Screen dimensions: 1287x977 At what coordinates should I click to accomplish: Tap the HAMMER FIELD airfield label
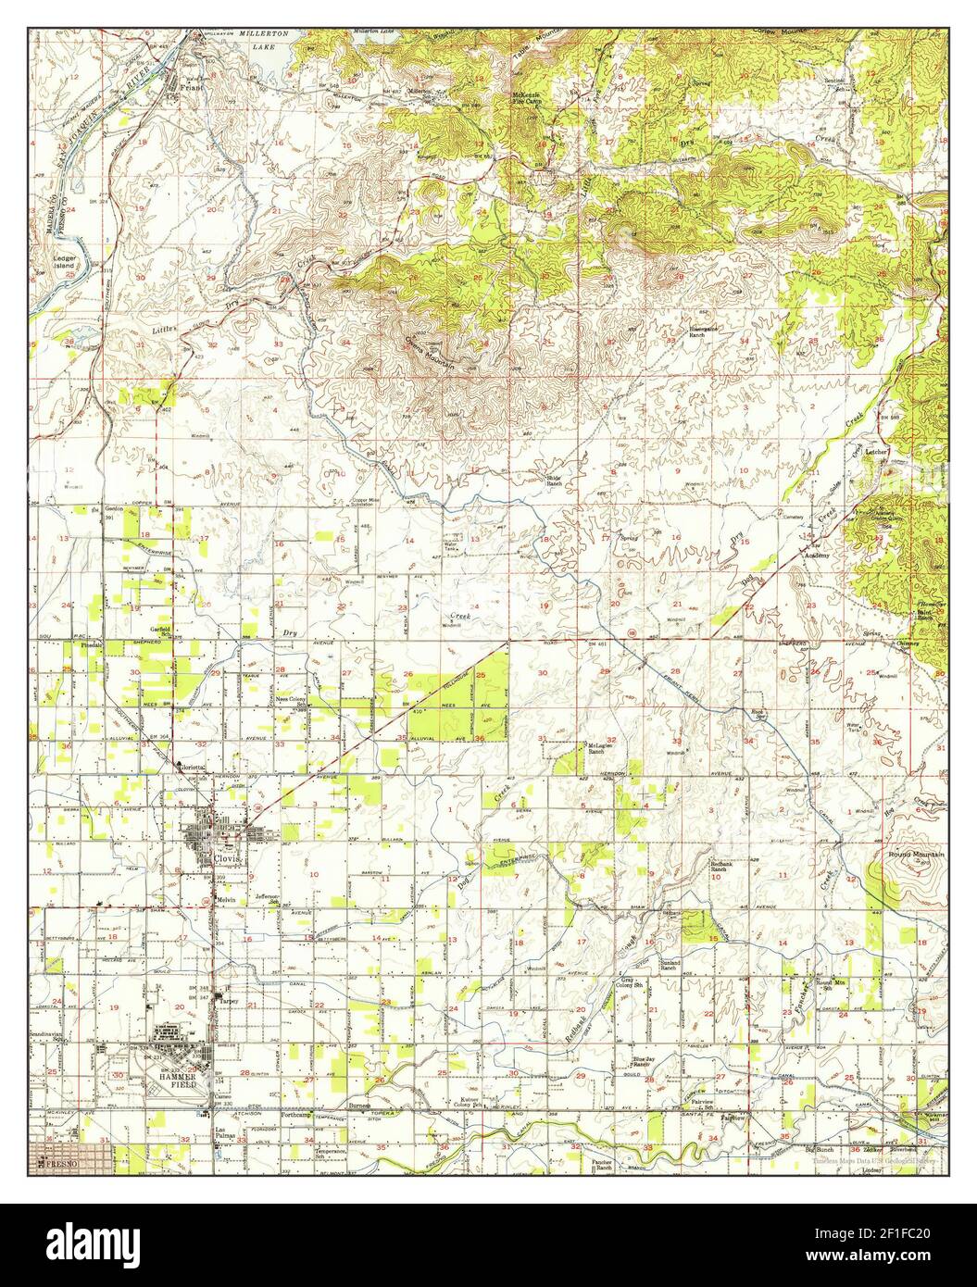159,1082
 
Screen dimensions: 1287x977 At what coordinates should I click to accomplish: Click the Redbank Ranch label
724,867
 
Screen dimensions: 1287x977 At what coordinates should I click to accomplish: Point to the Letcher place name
877,453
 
